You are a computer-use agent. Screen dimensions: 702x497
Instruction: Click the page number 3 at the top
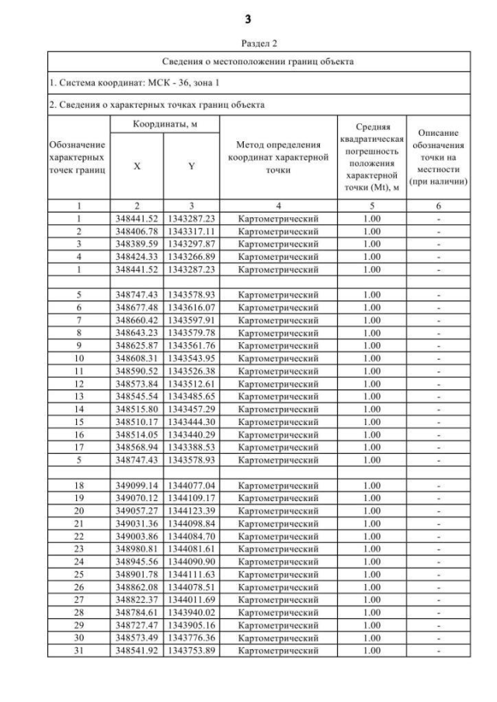[248, 18]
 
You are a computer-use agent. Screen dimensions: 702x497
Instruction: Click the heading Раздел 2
[248, 45]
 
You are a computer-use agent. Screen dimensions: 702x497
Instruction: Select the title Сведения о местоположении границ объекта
[248, 61]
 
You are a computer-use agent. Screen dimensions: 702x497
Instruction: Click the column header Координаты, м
[163, 125]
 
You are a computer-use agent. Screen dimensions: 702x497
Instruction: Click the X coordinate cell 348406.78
[137, 231]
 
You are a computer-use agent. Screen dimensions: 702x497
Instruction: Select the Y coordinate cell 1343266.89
[191, 257]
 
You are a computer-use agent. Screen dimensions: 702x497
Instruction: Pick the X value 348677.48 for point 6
[137, 307]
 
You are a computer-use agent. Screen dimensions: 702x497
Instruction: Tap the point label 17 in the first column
[78, 446]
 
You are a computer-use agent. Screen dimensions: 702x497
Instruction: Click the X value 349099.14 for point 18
[137, 485]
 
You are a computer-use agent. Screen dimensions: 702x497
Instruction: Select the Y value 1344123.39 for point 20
[191, 510]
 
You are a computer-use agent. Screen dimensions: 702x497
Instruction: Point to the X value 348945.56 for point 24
[137, 561]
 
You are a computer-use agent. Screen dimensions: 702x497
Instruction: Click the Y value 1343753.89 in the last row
[191, 649]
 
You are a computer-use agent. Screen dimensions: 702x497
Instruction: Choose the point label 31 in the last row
[78, 649]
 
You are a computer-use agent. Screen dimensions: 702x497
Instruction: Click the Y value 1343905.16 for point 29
[191, 624]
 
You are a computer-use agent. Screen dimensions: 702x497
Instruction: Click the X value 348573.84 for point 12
[137, 383]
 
